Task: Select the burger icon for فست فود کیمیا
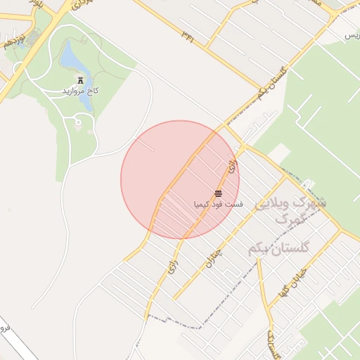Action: pos(218,193)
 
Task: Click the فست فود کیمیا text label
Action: pos(219,205)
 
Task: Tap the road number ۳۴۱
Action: pos(188,34)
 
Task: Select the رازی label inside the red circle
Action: pos(233,167)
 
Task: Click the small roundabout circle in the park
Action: pos(77,123)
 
